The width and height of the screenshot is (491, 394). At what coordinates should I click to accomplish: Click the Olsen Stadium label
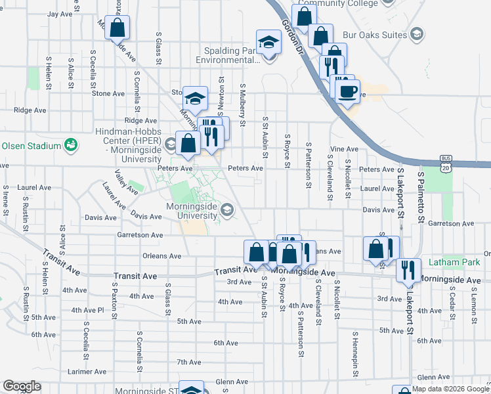[31, 146]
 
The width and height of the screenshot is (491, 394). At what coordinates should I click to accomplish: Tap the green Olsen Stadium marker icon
[71, 145]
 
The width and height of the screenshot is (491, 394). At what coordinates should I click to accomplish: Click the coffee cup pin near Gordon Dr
[347, 91]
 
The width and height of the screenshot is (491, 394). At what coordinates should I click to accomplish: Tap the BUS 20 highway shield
[447, 164]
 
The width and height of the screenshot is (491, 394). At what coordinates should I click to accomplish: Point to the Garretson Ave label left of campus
[139, 234]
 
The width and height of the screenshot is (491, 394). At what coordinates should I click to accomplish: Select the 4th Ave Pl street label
[87, 310]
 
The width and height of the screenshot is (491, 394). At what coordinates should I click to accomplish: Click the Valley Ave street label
[126, 182]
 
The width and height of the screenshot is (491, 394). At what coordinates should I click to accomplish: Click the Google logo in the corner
[22, 386]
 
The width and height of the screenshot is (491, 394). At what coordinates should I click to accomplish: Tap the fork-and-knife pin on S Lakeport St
[408, 270]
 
